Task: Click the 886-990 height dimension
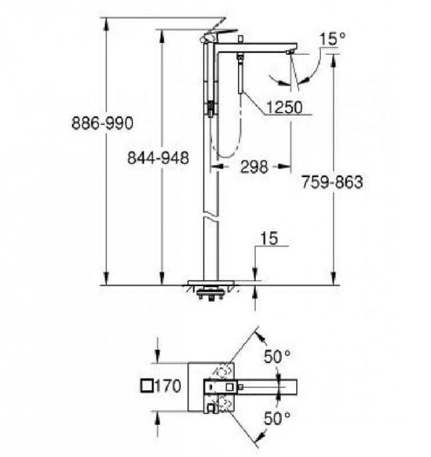click(x=103, y=123)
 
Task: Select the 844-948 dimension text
click(x=158, y=158)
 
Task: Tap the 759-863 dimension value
click(x=332, y=182)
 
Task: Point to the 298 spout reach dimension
click(x=254, y=167)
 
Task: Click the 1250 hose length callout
click(x=284, y=107)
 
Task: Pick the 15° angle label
click(x=333, y=39)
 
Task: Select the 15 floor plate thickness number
click(x=269, y=238)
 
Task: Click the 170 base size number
click(x=167, y=386)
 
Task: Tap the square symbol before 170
click(x=147, y=386)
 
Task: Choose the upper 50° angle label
click(x=277, y=356)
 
